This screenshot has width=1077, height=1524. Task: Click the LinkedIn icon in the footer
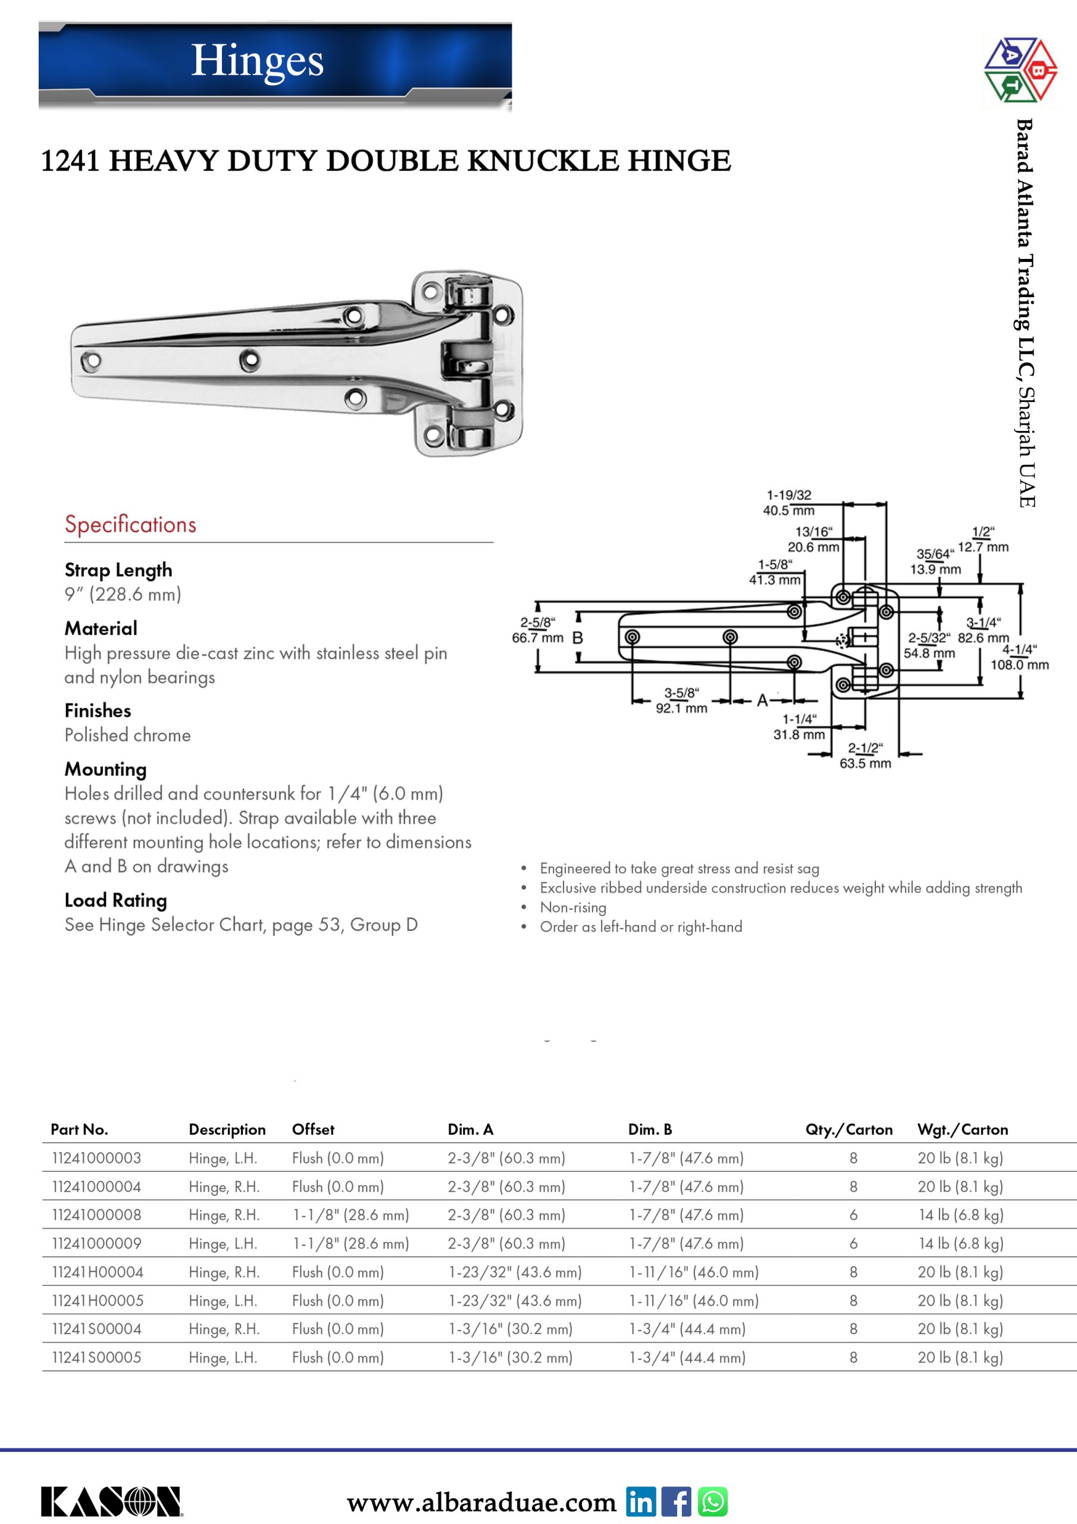point(640,1501)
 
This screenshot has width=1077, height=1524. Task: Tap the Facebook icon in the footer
point(676,1501)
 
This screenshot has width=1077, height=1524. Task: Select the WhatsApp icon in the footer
point(713,1501)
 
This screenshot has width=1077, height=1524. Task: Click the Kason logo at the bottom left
point(111,1501)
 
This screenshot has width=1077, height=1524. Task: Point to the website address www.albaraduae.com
point(482,1502)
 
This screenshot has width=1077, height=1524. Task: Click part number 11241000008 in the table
point(97,1214)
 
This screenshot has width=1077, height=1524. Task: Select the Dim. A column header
point(471,1129)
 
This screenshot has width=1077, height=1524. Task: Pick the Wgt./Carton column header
point(962,1129)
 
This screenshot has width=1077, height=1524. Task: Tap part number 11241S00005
point(97,1357)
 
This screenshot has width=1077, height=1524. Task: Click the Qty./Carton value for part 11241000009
point(853,1243)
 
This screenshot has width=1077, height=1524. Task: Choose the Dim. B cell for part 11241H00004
point(693,1272)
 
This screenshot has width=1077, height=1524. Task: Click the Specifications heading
point(130,524)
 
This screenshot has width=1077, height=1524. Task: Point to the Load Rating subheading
point(115,900)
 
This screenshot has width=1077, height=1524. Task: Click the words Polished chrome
point(127,735)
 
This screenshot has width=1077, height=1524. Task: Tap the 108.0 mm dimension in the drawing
point(1019,664)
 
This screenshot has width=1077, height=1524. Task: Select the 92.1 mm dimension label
point(681,708)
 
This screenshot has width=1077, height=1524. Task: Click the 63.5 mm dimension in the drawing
point(865,763)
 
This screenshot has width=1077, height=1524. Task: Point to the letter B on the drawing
point(577,638)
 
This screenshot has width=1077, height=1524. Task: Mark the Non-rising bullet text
point(572,907)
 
